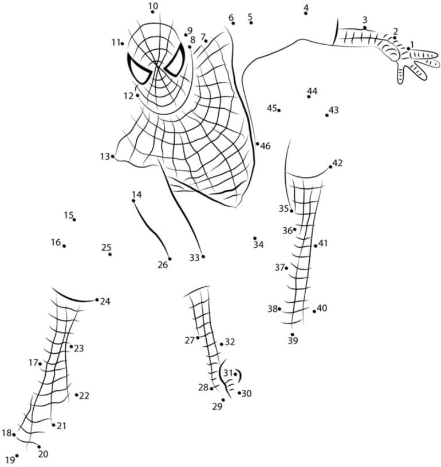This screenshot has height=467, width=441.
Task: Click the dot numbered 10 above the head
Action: (152, 12)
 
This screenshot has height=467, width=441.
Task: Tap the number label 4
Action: (306, 7)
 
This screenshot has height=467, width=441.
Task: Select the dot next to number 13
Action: (113, 156)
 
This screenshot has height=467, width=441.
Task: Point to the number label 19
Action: (9, 460)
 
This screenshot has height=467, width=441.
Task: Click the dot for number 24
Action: (97, 300)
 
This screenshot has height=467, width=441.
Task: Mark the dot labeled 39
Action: (292, 334)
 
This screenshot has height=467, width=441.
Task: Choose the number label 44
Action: (312, 91)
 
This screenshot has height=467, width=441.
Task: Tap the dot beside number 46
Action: (257, 144)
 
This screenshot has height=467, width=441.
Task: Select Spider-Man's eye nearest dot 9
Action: (175, 61)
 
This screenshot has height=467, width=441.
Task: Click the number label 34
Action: (258, 245)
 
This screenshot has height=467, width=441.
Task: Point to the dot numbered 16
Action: (64, 246)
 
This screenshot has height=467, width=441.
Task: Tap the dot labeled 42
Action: (330, 167)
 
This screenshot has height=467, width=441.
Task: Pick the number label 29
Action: (216, 407)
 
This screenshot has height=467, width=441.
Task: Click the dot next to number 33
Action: (203, 256)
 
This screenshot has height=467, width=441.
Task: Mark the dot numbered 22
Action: (76, 394)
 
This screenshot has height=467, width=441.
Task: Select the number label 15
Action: (69, 215)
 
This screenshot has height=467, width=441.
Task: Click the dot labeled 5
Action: (251, 23)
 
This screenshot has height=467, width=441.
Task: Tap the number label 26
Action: (163, 264)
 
